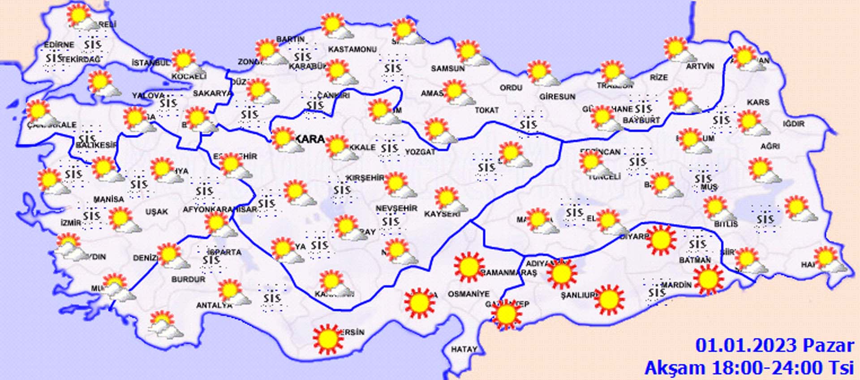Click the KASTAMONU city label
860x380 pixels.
click(x=352, y=49)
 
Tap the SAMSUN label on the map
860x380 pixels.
click(x=447, y=68)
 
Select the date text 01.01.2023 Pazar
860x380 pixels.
click(x=774, y=346)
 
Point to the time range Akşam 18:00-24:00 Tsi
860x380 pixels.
click(x=749, y=368)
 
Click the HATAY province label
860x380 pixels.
click(x=464, y=349)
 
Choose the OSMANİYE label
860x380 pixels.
click(x=469, y=294)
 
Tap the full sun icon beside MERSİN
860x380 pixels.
click(x=327, y=338)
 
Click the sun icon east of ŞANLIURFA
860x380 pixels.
click(x=609, y=299)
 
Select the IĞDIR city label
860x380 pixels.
click(x=794, y=124)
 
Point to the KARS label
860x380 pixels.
click(x=758, y=102)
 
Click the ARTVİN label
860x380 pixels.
click(x=700, y=66)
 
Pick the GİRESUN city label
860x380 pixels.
click(x=557, y=96)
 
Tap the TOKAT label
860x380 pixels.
click(x=486, y=110)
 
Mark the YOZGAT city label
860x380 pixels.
click(x=420, y=152)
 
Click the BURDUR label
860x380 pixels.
click(x=188, y=279)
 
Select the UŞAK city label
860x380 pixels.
click(x=156, y=211)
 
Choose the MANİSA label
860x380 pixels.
click(x=108, y=199)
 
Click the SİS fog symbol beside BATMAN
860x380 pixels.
click(x=697, y=244)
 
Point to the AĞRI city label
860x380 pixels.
click(x=770, y=146)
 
